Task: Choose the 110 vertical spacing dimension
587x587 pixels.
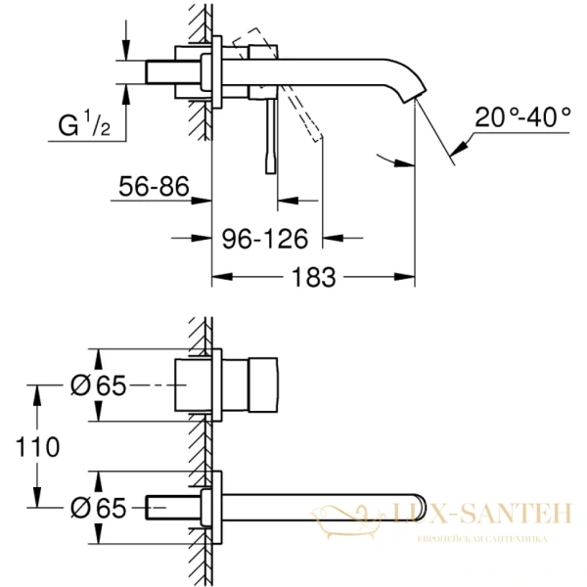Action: pyautogui.click(x=36, y=446)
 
